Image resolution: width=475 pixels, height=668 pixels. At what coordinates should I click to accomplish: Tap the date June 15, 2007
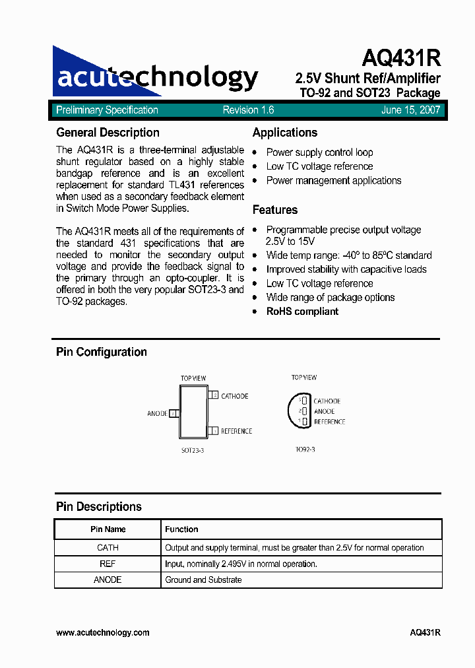tap(410, 110)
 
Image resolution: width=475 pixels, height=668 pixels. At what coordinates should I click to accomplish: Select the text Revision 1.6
tap(248, 110)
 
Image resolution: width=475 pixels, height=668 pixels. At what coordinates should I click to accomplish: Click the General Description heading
tap(108, 133)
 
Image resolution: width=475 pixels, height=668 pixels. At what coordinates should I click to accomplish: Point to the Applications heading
tap(285, 133)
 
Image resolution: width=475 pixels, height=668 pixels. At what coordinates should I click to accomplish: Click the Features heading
tap(275, 210)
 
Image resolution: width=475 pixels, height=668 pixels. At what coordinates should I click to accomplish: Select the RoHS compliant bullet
tap(302, 312)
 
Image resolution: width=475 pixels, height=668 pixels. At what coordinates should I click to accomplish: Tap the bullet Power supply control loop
tap(319, 152)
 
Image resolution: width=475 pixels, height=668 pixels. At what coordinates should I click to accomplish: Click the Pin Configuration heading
tap(102, 352)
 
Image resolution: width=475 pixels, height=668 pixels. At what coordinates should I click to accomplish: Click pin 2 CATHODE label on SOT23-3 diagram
tap(234, 396)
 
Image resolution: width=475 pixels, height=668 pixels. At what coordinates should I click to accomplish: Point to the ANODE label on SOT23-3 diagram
tap(157, 414)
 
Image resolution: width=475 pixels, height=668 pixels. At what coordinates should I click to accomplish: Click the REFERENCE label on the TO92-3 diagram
tap(329, 422)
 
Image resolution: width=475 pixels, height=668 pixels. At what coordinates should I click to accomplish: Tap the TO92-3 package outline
tap(296, 411)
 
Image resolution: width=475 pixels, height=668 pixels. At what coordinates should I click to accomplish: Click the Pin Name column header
tap(108, 529)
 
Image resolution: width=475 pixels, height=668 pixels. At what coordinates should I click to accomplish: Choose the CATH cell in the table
tap(108, 547)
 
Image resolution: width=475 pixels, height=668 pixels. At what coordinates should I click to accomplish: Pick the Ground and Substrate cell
tap(203, 580)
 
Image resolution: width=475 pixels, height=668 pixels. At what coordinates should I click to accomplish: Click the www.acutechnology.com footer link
tap(103, 632)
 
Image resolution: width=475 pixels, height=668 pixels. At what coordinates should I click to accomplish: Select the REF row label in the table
tap(108, 564)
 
